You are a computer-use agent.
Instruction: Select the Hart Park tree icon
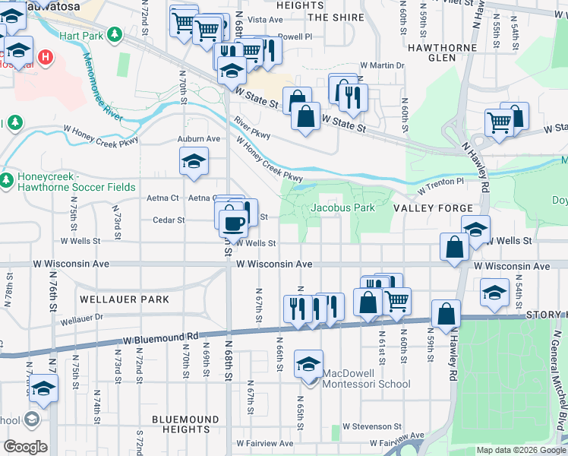(x=114, y=35)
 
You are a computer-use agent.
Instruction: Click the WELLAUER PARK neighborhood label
(x=125, y=299)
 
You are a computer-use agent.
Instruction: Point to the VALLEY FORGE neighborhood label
(x=434, y=207)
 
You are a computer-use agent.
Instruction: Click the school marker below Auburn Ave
(x=194, y=162)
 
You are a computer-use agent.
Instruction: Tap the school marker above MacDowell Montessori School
(x=308, y=363)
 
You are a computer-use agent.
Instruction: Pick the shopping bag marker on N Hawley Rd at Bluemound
(x=446, y=313)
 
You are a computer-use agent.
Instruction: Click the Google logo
(x=25, y=447)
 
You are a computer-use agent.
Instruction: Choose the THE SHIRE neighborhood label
(x=331, y=17)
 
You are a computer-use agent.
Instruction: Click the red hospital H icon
(x=45, y=57)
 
